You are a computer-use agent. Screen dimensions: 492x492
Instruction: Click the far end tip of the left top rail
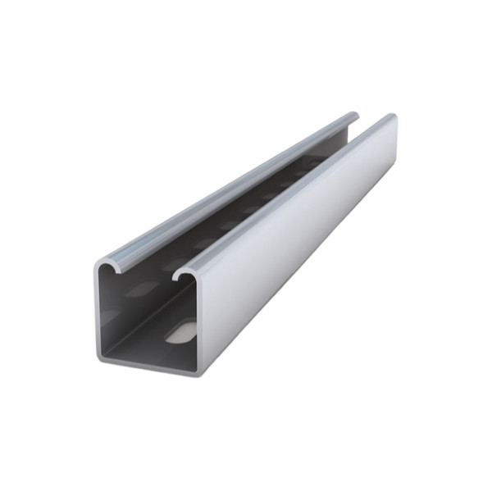pyautogui.click(x=353, y=116)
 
